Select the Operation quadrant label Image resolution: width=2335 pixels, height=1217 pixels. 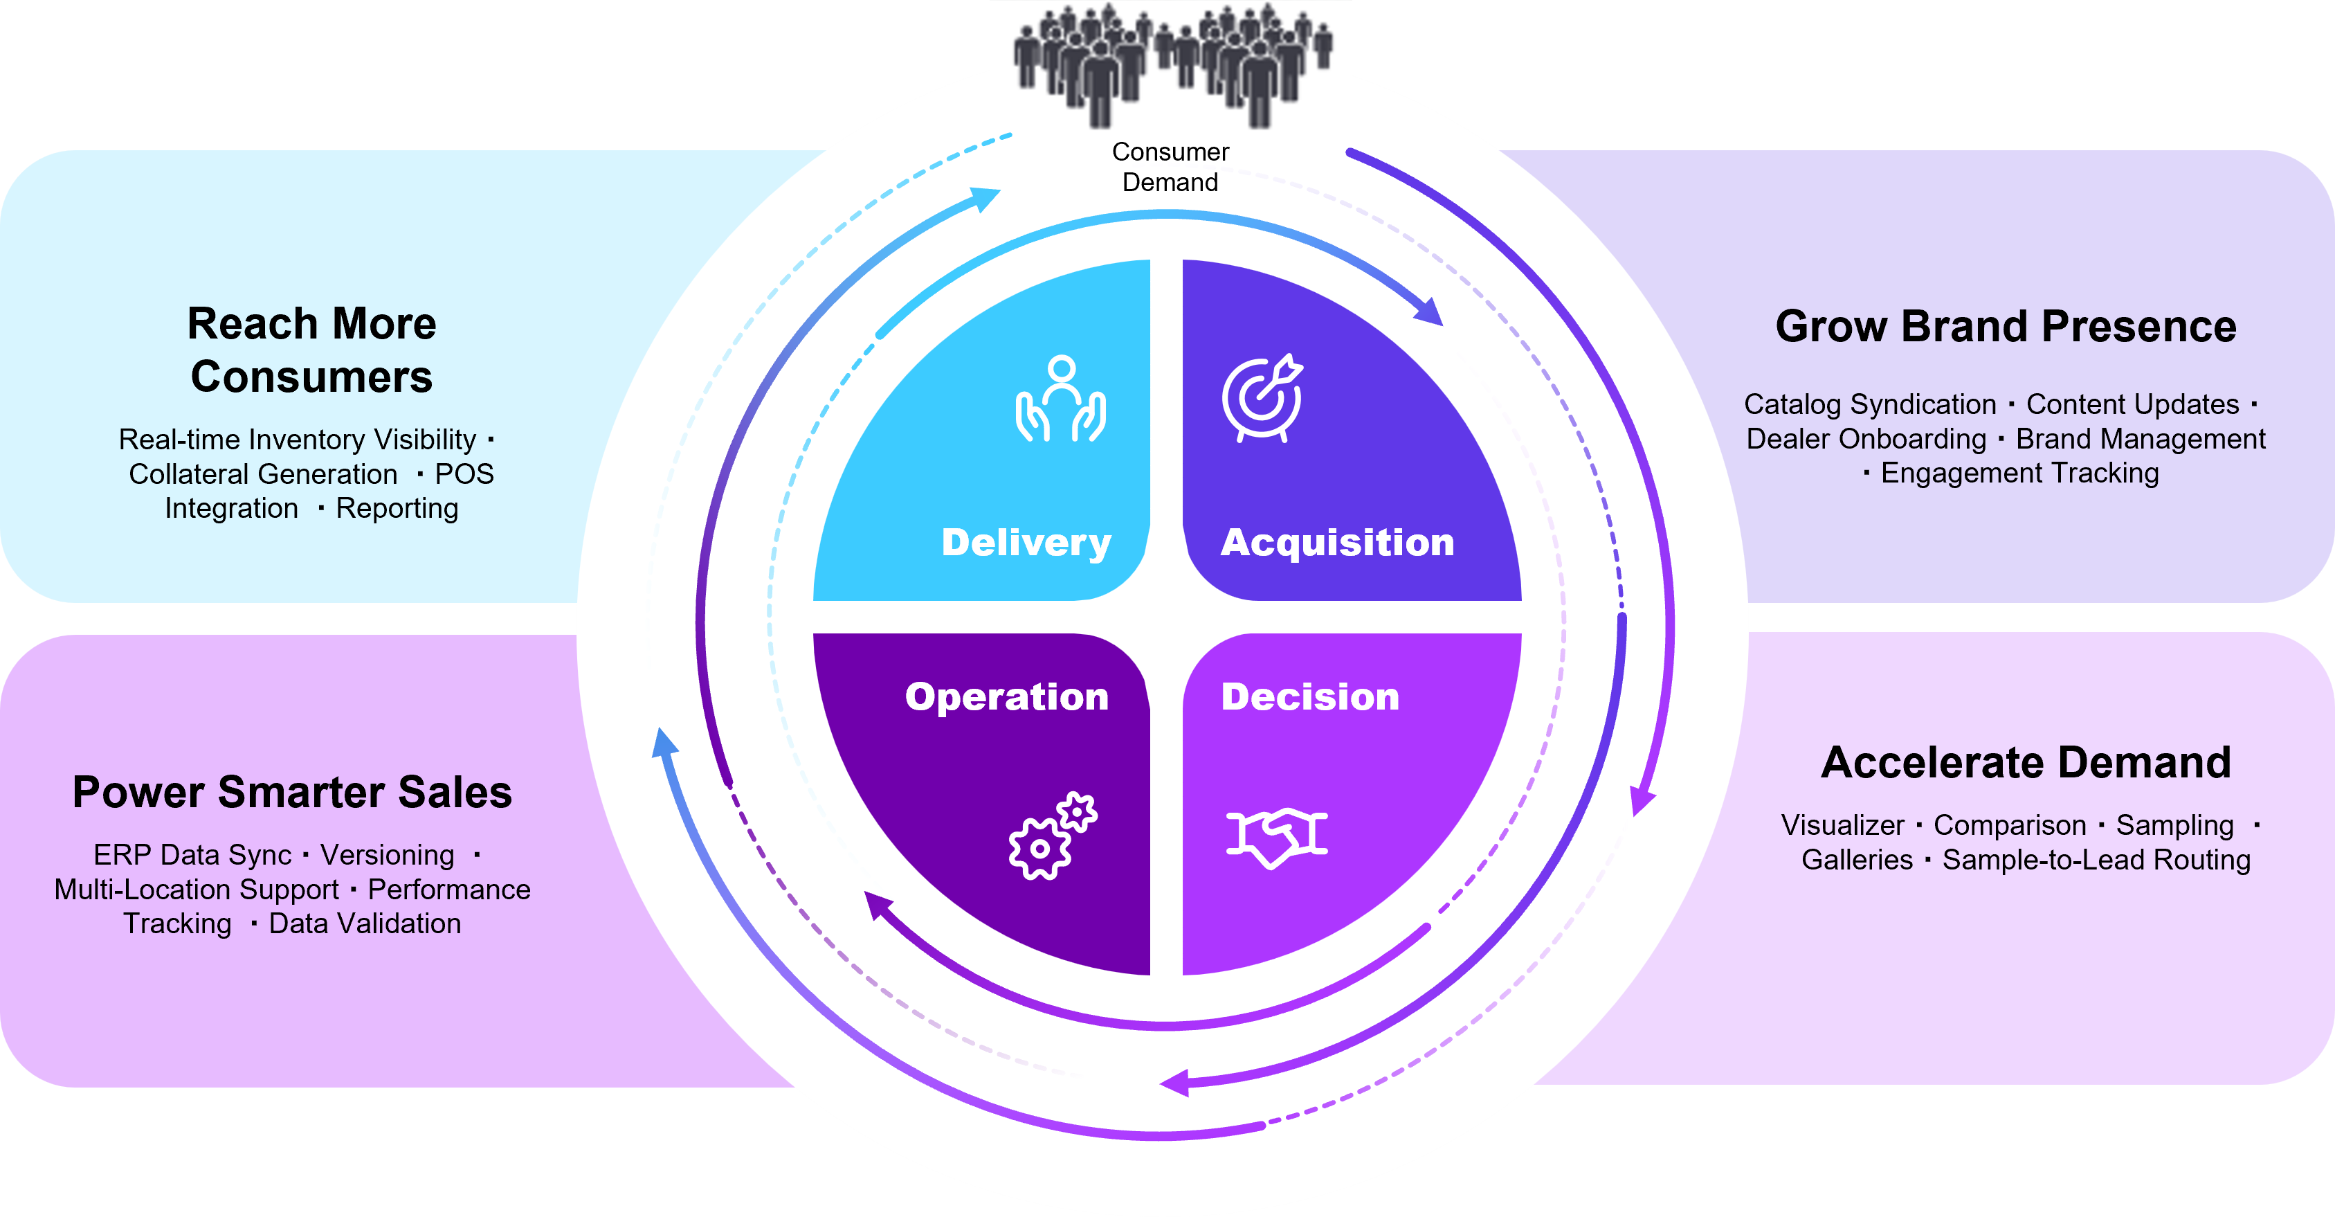[x=1006, y=696]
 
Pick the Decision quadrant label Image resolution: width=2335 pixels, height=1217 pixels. [x=1310, y=696]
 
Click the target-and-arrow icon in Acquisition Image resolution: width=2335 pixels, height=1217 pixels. [x=1262, y=398]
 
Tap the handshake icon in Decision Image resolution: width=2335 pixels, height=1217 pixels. [x=1276, y=837]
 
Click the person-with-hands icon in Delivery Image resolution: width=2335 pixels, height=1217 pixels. [x=1060, y=399]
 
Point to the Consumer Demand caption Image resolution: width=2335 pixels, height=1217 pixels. [x=1170, y=167]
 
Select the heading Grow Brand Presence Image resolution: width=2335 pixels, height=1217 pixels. [x=2005, y=327]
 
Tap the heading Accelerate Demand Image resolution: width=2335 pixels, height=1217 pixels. [x=2026, y=763]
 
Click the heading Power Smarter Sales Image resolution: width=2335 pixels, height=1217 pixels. [x=292, y=793]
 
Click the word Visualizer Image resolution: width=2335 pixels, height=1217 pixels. [x=1842, y=825]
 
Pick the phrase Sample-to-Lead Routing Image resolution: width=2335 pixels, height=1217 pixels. [x=2096, y=860]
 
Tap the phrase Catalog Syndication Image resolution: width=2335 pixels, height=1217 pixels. [x=1869, y=404]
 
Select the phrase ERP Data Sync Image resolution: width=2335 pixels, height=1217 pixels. [x=192, y=855]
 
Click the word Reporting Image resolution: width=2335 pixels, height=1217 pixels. [x=397, y=509]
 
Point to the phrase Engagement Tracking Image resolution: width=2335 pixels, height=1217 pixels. [x=2019, y=474]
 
